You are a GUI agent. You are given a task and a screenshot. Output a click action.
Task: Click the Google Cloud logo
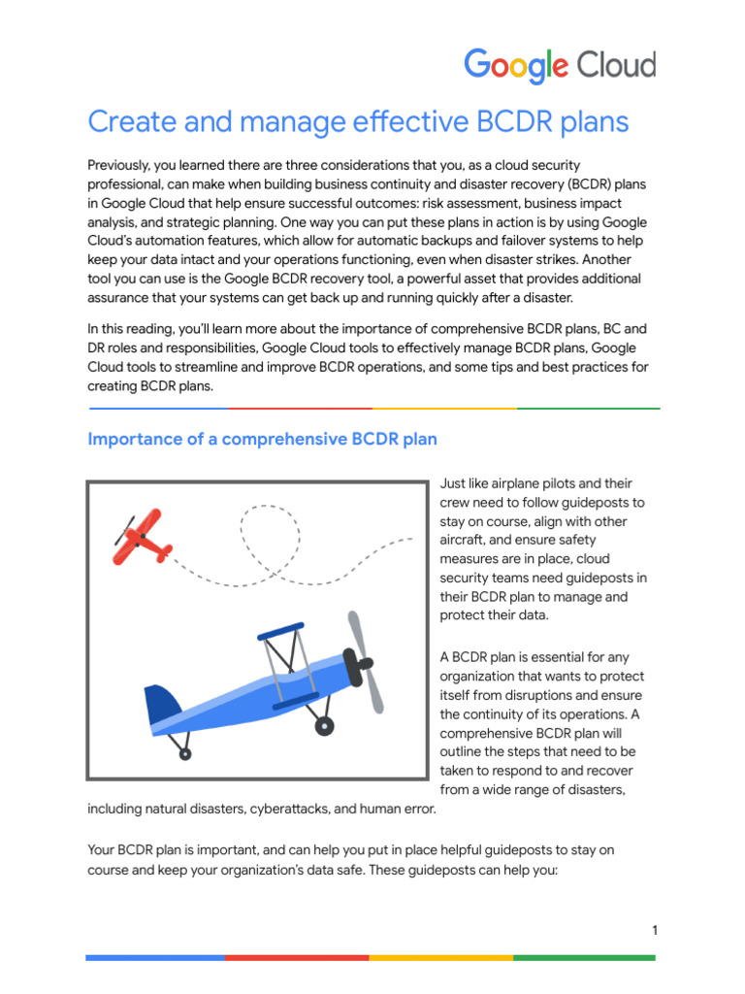[x=560, y=66]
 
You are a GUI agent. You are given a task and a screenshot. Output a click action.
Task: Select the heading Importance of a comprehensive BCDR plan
[x=262, y=439]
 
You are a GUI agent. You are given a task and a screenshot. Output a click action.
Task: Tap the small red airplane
[x=143, y=537]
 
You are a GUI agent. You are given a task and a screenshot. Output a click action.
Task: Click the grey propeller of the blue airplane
[x=365, y=661]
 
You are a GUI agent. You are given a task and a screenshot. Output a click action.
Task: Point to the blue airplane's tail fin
[x=162, y=704]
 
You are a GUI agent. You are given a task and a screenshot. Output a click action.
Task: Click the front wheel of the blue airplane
[x=325, y=725]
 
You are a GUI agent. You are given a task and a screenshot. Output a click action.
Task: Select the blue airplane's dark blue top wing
[x=280, y=631]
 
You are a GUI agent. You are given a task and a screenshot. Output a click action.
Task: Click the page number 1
[x=655, y=931]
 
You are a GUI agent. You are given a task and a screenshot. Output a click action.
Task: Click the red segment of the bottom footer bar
[x=297, y=957]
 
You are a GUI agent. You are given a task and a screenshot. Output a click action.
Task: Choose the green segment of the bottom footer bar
[x=584, y=957]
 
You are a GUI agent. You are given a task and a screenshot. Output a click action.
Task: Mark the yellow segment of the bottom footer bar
[x=440, y=957]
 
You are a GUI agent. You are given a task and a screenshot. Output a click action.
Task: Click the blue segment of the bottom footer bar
[x=155, y=957]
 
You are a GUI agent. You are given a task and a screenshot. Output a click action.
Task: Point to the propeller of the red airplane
[x=123, y=530]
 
